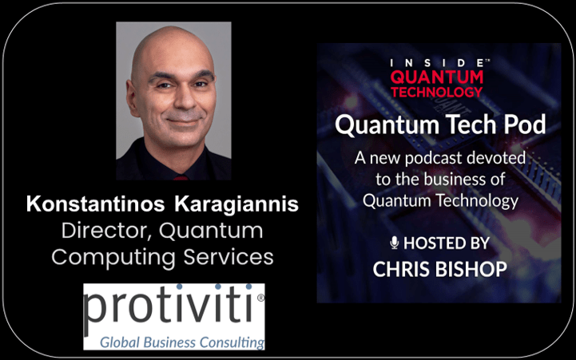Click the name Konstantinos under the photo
[x=95, y=204]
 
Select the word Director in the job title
[x=104, y=231]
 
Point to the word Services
[x=228, y=257]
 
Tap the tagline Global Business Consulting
[x=182, y=342]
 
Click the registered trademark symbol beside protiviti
[x=260, y=298]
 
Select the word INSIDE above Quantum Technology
[x=437, y=63]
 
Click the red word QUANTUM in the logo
[x=437, y=77]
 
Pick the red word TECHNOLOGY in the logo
[x=437, y=92]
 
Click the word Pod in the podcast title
[x=525, y=125]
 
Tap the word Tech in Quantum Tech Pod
[x=471, y=125]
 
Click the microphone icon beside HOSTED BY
[x=395, y=243]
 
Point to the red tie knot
[x=181, y=178]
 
